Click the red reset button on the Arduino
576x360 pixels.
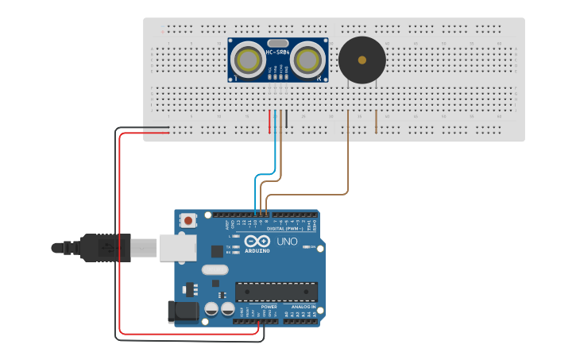(x=188, y=220)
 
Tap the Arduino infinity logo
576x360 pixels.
(x=257, y=241)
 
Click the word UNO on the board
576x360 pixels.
(x=287, y=241)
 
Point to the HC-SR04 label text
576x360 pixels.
(x=277, y=53)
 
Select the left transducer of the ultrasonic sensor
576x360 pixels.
(x=248, y=60)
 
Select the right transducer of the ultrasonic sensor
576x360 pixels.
(x=306, y=60)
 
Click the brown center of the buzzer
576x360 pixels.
(x=362, y=60)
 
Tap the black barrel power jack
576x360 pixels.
(x=182, y=312)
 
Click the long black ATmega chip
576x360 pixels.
(x=276, y=292)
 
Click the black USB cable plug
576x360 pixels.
(x=104, y=247)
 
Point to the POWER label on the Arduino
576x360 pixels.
(x=269, y=307)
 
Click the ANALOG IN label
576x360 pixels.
(x=303, y=307)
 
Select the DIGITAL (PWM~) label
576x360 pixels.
(x=287, y=229)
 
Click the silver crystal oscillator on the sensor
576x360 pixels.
(x=277, y=43)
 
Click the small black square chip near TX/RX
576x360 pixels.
(x=217, y=251)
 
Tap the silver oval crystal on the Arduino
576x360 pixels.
(x=215, y=269)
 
